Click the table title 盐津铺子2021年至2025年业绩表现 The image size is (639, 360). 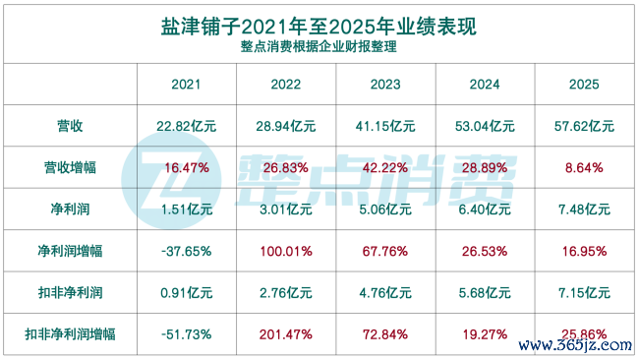click(x=319, y=27)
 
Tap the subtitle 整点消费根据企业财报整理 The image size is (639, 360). click(x=319, y=46)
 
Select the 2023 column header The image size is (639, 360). click(x=385, y=85)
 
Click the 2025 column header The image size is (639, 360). click(x=584, y=85)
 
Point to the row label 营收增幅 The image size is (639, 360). click(x=70, y=167)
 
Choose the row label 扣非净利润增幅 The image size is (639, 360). click(x=70, y=334)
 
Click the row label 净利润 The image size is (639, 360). click(x=70, y=210)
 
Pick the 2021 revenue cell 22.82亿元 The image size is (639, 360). click(x=186, y=126)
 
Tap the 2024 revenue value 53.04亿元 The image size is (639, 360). click(x=485, y=126)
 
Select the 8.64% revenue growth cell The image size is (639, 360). click(x=584, y=167)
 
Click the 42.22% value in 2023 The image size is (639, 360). click(x=385, y=167)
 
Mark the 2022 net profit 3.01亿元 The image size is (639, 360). click(x=286, y=210)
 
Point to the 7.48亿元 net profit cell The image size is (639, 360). click(x=584, y=210)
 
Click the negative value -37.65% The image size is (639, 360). click(x=186, y=251)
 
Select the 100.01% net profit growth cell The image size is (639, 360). click(x=286, y=251)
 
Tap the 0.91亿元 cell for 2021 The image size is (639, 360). click(x=186, y=293)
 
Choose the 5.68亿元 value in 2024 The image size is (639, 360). click(x=485, y=293)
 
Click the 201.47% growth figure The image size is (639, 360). click(x=286, y=334)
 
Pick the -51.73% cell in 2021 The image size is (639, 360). click(x=186, y=334)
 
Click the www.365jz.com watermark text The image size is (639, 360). click(x=575, y=345)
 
